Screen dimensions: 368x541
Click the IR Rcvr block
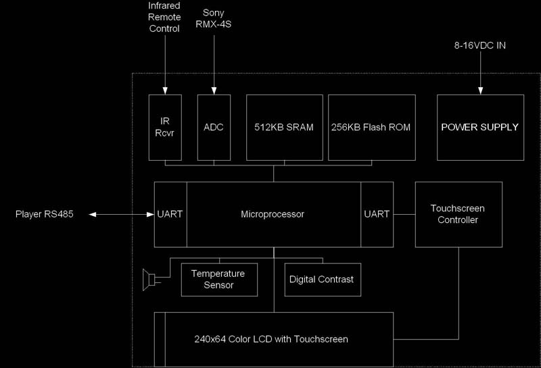pos(164,127)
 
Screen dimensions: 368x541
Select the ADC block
pos(214,127)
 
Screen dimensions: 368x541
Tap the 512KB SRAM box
pos(284,127)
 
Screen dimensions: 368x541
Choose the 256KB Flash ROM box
pos(371,127)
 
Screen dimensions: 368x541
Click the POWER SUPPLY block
pos(480,127)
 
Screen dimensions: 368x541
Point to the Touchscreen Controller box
pos(458,214)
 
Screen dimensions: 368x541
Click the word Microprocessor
pos(273,214)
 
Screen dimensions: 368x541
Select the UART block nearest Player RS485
pos(170,214)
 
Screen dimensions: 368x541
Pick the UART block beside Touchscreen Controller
pos(377,214)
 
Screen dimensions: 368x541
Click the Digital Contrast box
pos(321,280)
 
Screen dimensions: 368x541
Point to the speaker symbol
pos(149,278)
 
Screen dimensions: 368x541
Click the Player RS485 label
pos(44,215)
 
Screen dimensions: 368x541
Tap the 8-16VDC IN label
pos(480,46)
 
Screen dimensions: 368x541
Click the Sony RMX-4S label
pos(214,19)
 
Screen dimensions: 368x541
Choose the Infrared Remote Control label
pos(164,19)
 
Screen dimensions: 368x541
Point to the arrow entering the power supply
pos(480,74)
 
